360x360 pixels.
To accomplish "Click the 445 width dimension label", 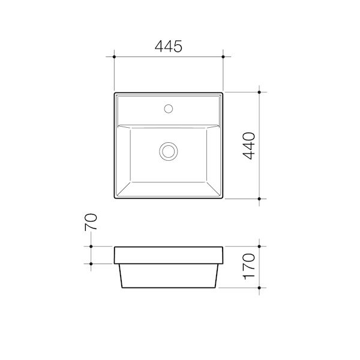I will (169, 46).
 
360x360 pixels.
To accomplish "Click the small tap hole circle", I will (169, 109).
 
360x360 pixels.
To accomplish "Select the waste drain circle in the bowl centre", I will (169, 150).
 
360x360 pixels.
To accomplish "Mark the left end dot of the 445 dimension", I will (114, 57).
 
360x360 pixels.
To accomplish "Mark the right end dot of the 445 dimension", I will (224, 57).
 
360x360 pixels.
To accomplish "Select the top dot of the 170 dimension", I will (259, 246).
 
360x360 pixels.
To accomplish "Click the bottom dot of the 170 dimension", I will (259, 288).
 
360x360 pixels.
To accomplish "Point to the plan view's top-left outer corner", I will (115, 92).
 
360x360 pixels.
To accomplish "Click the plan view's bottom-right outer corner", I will (223, 199).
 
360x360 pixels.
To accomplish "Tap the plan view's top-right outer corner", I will (223, 92).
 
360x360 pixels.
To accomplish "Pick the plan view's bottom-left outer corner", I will (115, 199).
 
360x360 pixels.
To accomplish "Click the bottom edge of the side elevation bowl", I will (169, 288).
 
